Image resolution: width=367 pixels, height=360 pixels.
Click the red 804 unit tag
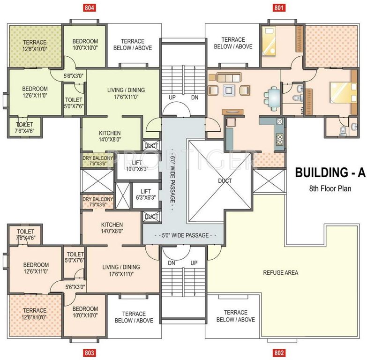tap(90, 7)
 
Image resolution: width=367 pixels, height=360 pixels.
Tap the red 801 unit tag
tap(279, 7)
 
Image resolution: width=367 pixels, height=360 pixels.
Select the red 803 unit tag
tap(90, 353)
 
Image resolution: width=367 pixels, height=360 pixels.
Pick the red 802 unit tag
tap(279, 353)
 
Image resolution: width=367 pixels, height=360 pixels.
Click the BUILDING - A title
tap(330, 173)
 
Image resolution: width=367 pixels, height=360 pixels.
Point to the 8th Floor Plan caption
tap(330, 188)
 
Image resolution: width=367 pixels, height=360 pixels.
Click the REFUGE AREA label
tap(281, 272)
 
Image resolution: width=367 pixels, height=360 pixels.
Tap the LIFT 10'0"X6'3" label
tap(137, 166)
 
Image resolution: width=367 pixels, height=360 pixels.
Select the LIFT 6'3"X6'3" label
tap(146, 195)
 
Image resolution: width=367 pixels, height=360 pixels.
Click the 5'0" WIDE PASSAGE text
tap(185, 235)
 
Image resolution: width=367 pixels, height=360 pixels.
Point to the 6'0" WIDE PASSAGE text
tap(173, 180)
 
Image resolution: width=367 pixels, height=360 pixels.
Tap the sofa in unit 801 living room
tap(229, 77)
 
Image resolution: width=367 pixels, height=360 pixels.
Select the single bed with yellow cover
tap(269, 41)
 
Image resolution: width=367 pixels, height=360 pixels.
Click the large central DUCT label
tap(225, 180)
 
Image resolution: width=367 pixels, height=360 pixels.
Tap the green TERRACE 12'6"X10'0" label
tap(35, 45)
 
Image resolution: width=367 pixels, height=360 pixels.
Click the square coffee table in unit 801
tap(229, 90)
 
